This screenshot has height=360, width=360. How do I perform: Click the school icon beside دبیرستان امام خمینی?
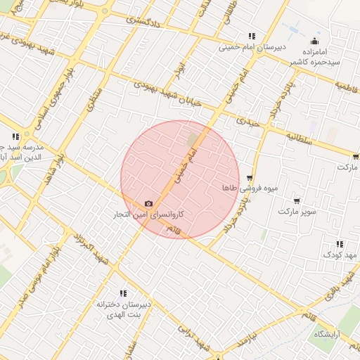pos(251,37)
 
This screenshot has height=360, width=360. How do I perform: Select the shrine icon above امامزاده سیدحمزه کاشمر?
pos(314,41)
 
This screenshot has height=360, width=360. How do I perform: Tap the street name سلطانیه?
pos(299,139)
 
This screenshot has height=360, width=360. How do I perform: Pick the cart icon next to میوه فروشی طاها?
pos(250,179)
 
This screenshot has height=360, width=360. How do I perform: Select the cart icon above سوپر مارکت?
pos(297,201)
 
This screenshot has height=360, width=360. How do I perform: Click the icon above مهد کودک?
pos(341,244)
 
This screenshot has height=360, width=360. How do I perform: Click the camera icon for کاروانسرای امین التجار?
pos(148,203)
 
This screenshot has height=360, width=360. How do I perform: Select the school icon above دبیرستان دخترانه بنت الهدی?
pos(123,293)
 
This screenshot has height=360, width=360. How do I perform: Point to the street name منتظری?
pos(94,99)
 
